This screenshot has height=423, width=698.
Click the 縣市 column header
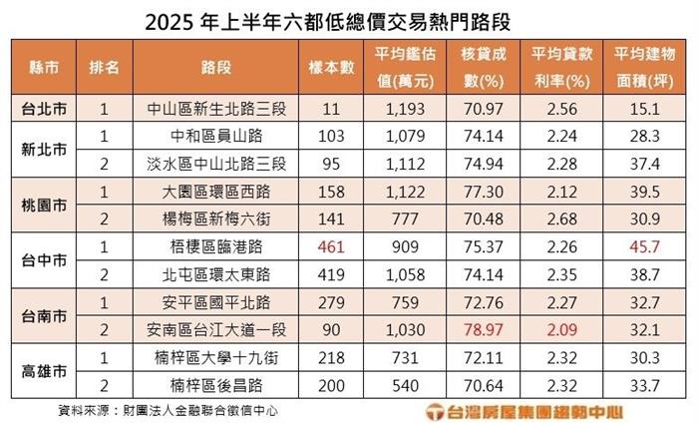pyautogui.click(x=45, y=67)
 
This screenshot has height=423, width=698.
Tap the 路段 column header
pyautogui.click(x=216, y=67)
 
